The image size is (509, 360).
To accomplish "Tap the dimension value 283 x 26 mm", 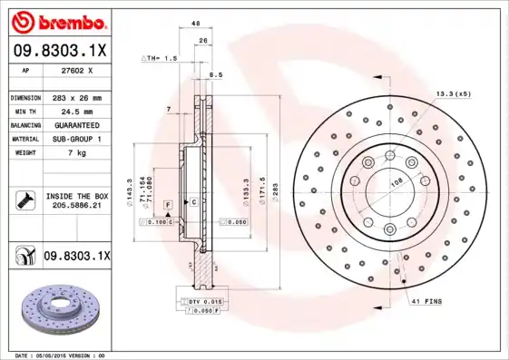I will click(76, 97).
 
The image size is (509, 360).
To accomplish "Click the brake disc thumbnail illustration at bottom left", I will click(59, 313).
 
